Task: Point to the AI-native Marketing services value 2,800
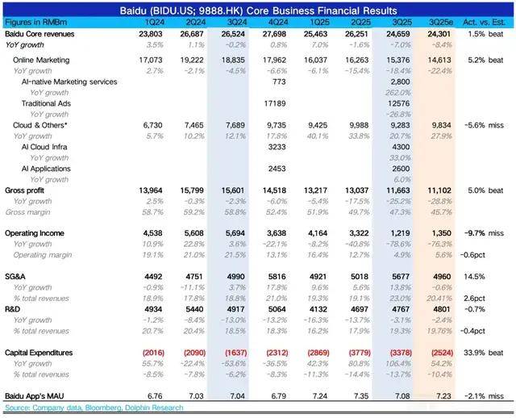pyautogui.click(x=401, y=82)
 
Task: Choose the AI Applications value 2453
pyautogui.click(x=275, y=168)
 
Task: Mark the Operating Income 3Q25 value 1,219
pyautogui.click(x=402, y=232)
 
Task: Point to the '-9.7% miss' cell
pyautogui.click(x=485, y=232)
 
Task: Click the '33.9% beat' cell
pyautogui.click(x=485, y=353)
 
